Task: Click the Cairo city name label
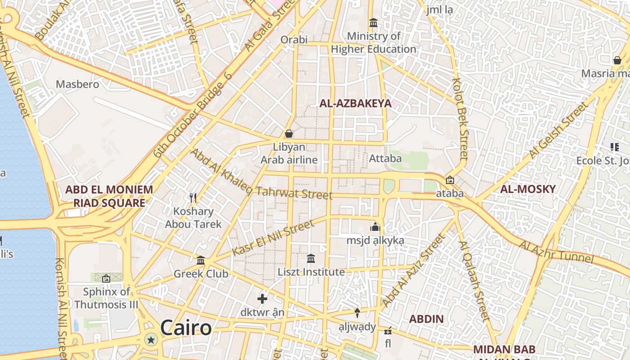[x=185, y=328]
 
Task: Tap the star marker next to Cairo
[x=151, y=340]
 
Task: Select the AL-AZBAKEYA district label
[x=355, y=103]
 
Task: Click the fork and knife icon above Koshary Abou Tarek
[x=193, y=198]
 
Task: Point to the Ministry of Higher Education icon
[x=373, y=22]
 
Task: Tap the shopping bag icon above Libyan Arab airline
[x=289, y=134]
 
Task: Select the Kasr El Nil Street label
[x=273, y=238]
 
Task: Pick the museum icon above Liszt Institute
[x=311, y=259]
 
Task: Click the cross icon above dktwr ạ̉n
[x=262, y=298]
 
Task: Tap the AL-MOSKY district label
[x=528, y=189]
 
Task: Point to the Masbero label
[x=77, y=84]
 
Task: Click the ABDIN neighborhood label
[x=426, y=319]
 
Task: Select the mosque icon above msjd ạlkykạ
[x=375, y=227]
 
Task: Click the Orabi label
[x=294, y=40]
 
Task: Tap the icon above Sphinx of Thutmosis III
[x=106, y=279]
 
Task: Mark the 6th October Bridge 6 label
[x=193, y=114]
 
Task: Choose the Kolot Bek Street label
[x=461, y=119]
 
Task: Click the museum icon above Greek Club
[x=201, y=260]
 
